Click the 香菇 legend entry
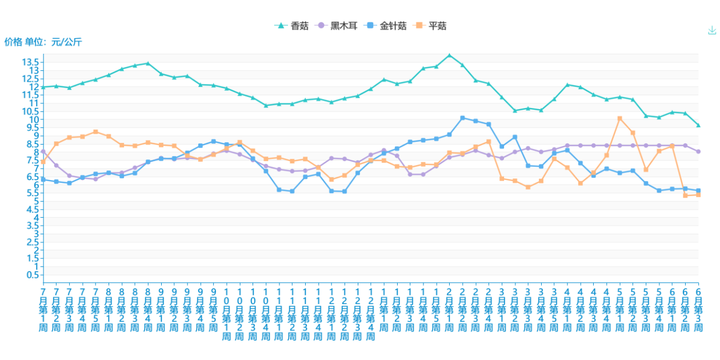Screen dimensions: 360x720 (x=291, y=26)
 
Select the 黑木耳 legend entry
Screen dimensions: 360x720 (x=337, y=26)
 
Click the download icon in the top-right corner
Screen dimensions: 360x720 (x=712, y=30)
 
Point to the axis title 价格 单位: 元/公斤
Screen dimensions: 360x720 (x=43, y=42)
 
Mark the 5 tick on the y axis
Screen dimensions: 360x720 (x=36, y=201)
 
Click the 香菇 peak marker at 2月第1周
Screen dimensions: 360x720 (x=449, y=55)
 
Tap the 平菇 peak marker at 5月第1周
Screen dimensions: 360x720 (x=619, y=118)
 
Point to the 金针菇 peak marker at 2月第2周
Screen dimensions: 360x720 (x=462, y=118)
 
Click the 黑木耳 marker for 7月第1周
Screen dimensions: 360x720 (x=43, y=151)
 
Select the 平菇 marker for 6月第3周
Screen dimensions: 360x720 (x=698, y=195)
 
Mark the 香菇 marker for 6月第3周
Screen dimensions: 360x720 (x=698, y=125)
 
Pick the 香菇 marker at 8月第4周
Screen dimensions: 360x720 (x=147, y=63)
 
